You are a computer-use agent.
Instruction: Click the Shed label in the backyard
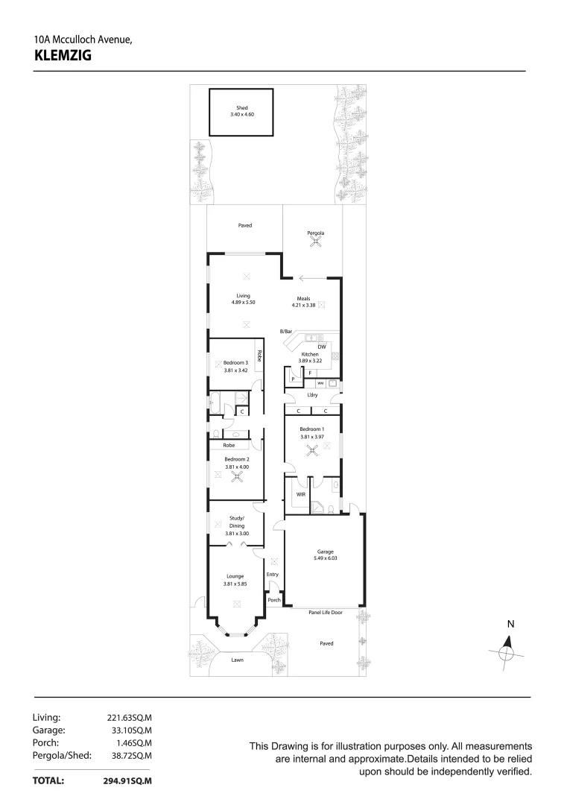pyautogui.click(x=241, y=108)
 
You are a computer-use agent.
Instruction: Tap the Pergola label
pyautogui.click(x=316, y=233)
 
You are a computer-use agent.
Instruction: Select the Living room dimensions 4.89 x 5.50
pyautogui.click(x=243, y=302)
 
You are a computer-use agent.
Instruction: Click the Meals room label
pyautogui.click(x=302, y=298)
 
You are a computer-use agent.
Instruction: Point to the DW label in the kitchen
pyautogui.click(x=321, y=347)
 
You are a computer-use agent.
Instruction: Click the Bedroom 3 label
pyautogui.click(x=236, y=363)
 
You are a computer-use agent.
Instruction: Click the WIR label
pyautogui.click(x=301, y=494)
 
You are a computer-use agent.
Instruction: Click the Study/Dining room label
pyautogui.click(x=236, y=523)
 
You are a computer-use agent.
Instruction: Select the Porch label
pyautogui.click(x=273, y=600)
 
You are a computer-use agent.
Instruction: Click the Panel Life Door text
pyautogui.click(x=326, y=612)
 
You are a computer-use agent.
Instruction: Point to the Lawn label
pyautogui.click(x=237, y=660)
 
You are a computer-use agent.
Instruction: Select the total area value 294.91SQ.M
pyautogui.click(x=127, y=781)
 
